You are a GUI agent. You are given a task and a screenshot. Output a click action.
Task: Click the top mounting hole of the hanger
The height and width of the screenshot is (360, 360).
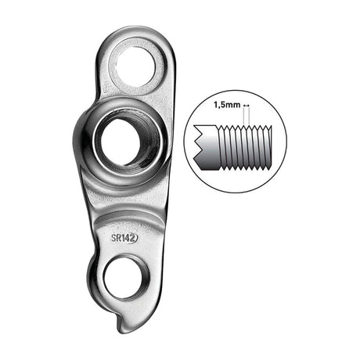[x=136, y=67]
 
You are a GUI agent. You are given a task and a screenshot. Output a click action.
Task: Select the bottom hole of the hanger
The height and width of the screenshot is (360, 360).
[x=126, y=278]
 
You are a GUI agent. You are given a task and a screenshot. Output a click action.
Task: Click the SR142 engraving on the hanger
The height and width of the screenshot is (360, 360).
[x=124, y=238]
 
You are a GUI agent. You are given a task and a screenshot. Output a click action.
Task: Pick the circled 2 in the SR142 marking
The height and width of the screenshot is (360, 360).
[x=134, y=238]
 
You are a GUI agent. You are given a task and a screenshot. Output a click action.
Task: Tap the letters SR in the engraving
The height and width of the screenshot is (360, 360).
[x=117, y=238]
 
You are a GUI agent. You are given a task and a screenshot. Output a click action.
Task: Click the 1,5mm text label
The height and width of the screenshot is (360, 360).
[x=227, y=105]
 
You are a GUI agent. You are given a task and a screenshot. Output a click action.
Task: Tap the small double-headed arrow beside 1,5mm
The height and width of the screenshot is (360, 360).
[x=247, y=106]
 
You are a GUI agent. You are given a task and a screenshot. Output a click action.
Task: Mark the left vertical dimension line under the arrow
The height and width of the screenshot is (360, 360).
[x=243, y=117]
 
